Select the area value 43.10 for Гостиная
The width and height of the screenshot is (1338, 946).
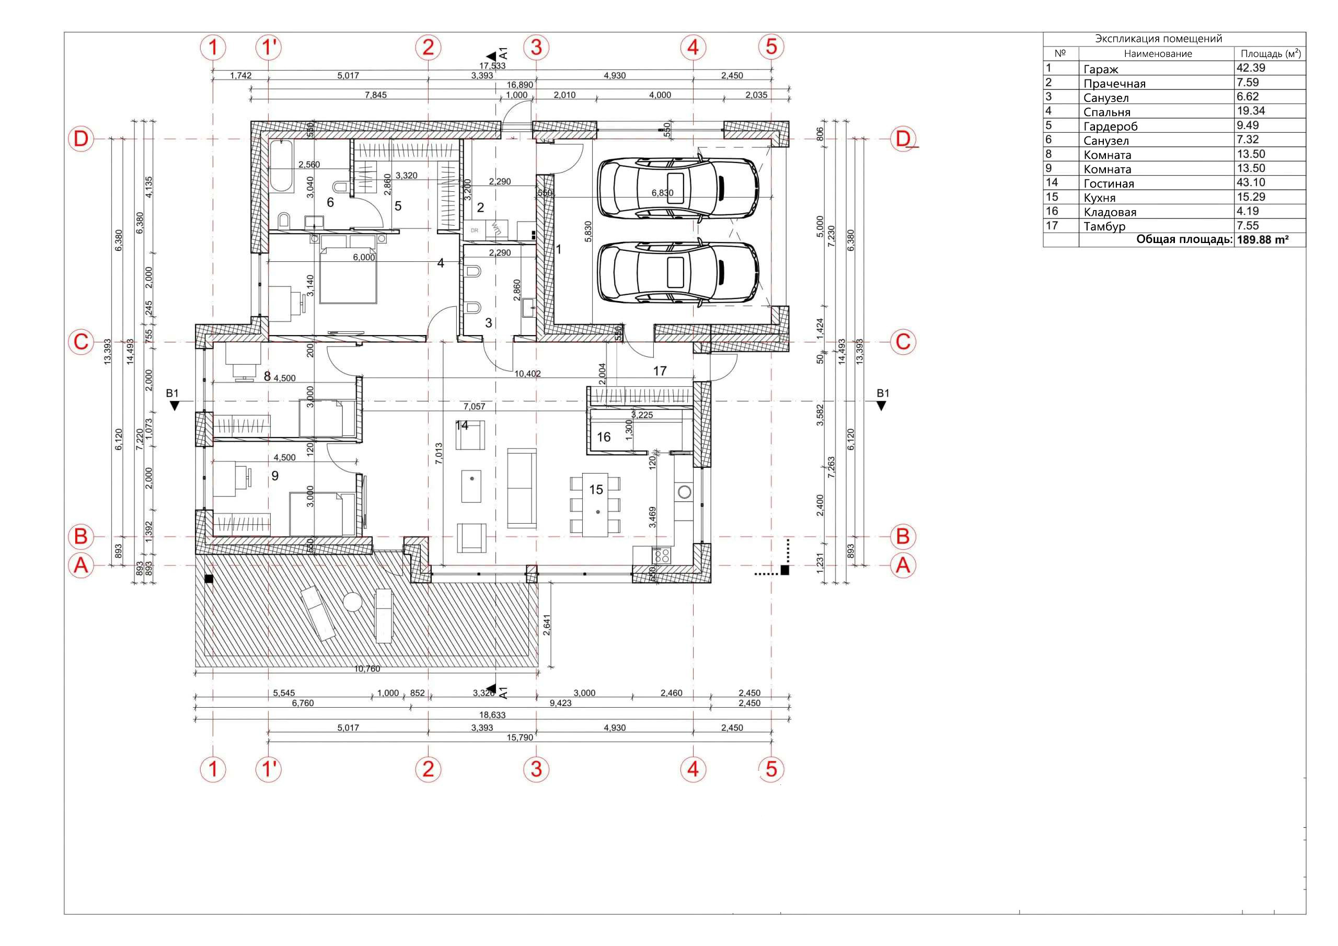(x=1251, y=182)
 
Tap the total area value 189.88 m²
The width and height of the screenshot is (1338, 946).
(x=1262, y=239)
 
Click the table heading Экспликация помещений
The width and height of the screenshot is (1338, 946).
(x=1158, y=39)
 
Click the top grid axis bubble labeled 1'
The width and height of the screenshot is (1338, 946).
(x=269, y=47)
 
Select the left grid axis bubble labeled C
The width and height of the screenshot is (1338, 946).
(x=81, y=342)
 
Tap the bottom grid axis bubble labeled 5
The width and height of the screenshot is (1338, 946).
(x=771, y=769)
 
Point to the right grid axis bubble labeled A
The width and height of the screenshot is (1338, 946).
(x=903, y=566)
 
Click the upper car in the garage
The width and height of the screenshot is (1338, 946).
(x=678, y=188)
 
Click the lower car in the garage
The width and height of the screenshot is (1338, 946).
(x=678, y=273)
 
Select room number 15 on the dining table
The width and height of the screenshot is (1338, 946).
(x=596, y=490)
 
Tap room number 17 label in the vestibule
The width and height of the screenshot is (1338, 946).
(x=660, y=371)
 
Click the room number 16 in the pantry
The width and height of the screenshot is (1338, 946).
(x=603, y=437)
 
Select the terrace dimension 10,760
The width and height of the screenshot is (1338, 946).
(x=367, y=668)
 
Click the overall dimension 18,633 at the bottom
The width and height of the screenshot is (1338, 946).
(x=492, y=714)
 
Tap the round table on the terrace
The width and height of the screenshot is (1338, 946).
(x=353, y=602)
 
